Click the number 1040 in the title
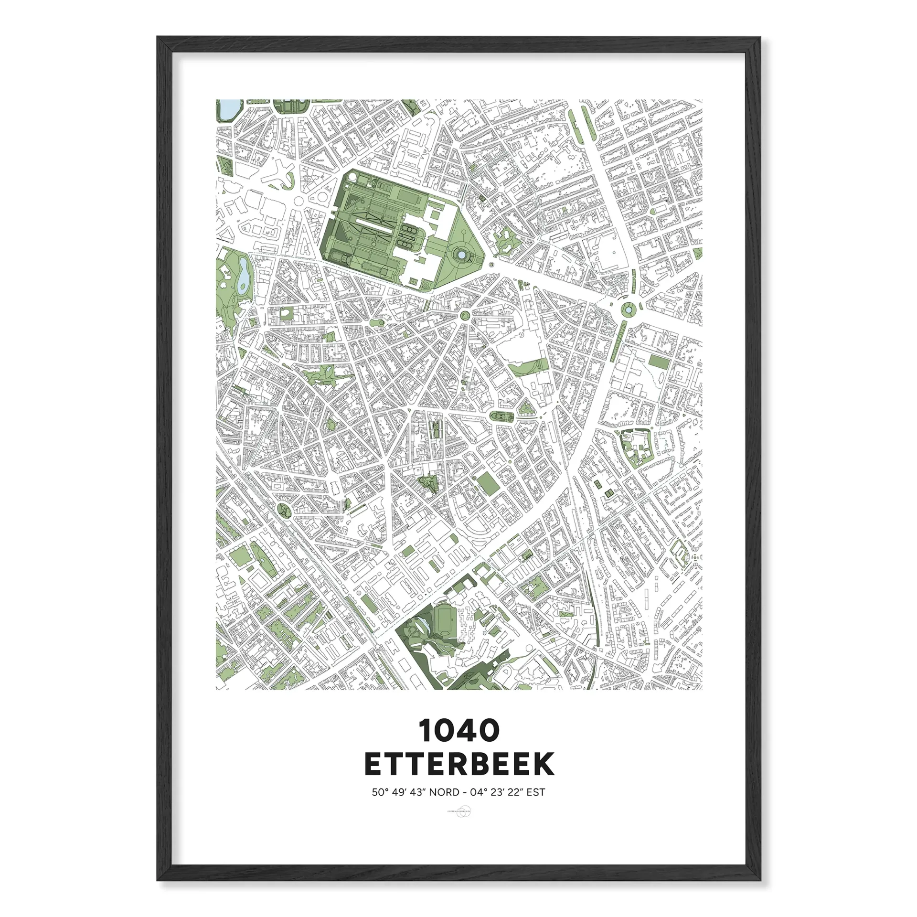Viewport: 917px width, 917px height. pyautogui.click(x=459, y=731)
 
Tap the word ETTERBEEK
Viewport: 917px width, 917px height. pyautogui.click(x=459, y=765)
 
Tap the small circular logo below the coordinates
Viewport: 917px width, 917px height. pyautogui.click(x=458, y=812)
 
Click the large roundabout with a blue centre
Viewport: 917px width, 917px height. pyautogui.click(x=627, y=310)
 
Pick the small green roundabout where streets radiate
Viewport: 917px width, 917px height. pyautogui.click(x=464, y=315)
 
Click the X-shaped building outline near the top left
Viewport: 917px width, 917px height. pyautogui.click(x=279, y=175)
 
